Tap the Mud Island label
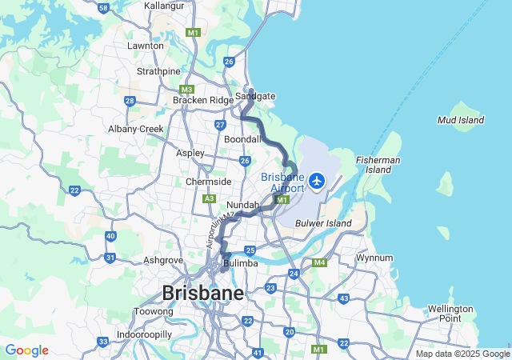tap(461, 120)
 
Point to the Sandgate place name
tap(255, 96)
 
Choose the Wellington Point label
tap(450, 314)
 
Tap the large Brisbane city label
tap(202, 293)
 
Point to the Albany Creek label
tap(136, 129)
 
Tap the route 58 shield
tap(103, 8)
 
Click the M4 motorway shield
tap(319, 262)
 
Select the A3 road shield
tap(210, 198)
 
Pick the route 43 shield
tap(343, 298)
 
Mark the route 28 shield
tap(130, 101)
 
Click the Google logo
tap(26, 350)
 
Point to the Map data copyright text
tap(462, 354)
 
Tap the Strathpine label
tap(158, 71)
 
